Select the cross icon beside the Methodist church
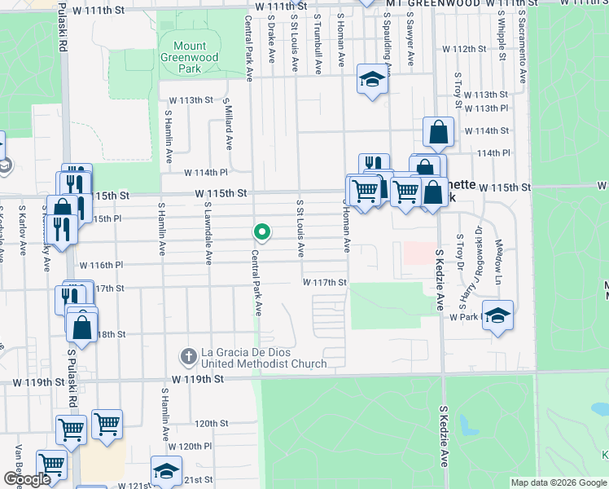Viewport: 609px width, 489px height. click(x=187, y=356)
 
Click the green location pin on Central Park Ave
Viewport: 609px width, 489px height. click(x=262, y=233)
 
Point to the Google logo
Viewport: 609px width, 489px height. click(x=27, y=479)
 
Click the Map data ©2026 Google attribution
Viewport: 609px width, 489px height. click(x=559, y=483)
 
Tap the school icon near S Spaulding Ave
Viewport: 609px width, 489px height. click(x=372, y=80)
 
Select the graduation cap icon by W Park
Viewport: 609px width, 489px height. click(x=497, y=315)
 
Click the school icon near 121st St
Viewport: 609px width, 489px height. click(x=166, y=471)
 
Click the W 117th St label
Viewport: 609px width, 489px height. click(x=325, y=283)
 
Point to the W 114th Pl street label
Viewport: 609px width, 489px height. click(x=205, y=173)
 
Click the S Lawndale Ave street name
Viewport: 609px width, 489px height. click(x=208, y=234)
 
